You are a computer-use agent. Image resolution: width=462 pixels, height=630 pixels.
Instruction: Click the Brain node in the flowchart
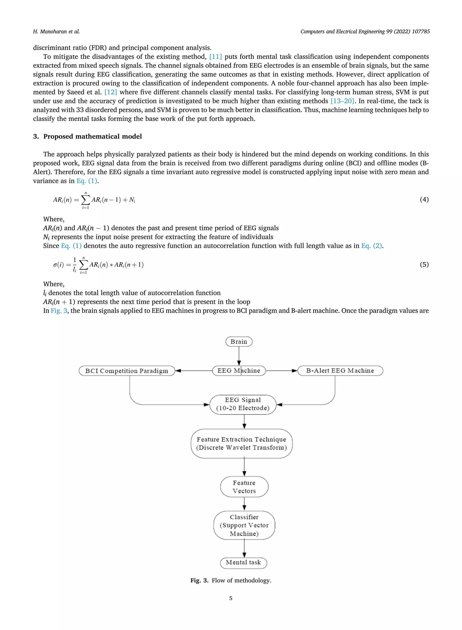click(239, 342)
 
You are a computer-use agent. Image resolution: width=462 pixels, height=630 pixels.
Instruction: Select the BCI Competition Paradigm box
click(127, 371)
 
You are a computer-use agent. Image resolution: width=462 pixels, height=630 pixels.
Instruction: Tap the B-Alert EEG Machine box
click(340, 371)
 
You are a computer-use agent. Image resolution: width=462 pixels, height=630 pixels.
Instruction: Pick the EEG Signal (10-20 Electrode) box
click(243, 404)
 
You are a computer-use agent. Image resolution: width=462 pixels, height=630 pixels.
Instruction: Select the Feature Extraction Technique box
click(241, 444)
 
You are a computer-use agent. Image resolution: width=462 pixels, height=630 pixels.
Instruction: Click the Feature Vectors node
click(244, 487)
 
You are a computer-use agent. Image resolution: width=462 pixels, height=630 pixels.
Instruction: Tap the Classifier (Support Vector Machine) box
click(244, 525)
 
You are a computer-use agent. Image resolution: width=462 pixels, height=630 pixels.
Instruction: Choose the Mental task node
click(243, 562)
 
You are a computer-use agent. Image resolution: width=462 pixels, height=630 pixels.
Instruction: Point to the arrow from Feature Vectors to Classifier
click(244, 504)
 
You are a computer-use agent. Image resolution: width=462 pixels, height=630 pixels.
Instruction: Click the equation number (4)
click(424, 200)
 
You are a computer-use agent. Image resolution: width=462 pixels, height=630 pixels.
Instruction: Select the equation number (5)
click(424, 264)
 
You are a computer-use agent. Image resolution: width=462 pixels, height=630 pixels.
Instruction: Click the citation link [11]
click(215, 57)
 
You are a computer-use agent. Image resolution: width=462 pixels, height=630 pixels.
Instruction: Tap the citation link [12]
click(111, 92)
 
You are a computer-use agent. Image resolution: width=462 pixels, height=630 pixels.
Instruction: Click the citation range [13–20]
click(342, 101)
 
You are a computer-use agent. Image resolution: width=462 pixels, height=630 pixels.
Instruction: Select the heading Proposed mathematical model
click(92, 136)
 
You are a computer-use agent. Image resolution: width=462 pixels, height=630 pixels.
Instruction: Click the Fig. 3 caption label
click(199, 581)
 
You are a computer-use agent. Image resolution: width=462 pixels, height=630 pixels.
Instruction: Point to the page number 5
click(231, 598)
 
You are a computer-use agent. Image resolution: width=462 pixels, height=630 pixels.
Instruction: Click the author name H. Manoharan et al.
click(56, 32)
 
